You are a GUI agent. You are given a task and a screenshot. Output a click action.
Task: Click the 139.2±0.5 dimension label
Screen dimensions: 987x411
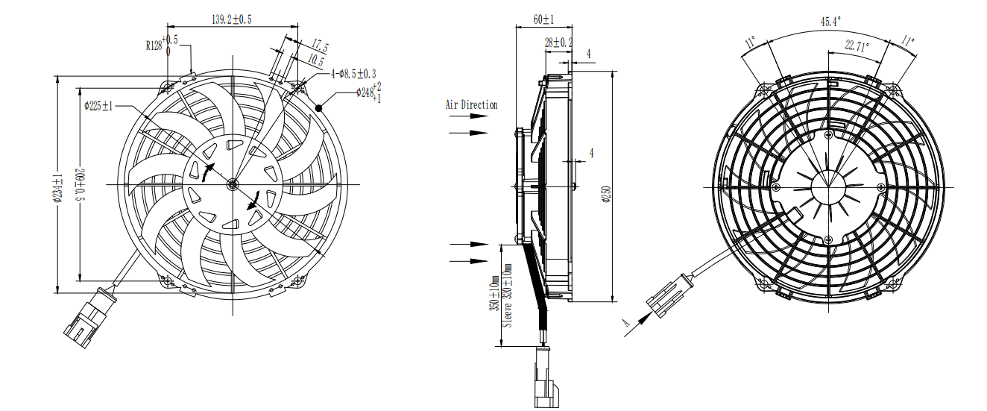tap(232, 20)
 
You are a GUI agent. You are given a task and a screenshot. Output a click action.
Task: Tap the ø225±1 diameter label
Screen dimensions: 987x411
tap(98, 106)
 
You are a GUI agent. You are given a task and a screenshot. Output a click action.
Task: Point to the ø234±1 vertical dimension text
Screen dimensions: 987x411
tap(59, 188)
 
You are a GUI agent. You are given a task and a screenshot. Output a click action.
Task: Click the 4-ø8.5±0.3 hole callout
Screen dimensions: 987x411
tap(353, 74)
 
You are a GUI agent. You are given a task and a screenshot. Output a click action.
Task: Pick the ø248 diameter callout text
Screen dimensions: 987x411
tap(369, 92)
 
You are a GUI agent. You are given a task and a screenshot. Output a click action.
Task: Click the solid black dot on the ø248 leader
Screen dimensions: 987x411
tap(318, 107)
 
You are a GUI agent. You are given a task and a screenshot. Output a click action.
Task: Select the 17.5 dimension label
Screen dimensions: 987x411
tap(320, 46)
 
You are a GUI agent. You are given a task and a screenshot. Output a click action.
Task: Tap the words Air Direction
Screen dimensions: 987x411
tap(471, 105)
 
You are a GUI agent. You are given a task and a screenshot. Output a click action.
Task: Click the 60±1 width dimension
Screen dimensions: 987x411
tap(543, 20)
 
